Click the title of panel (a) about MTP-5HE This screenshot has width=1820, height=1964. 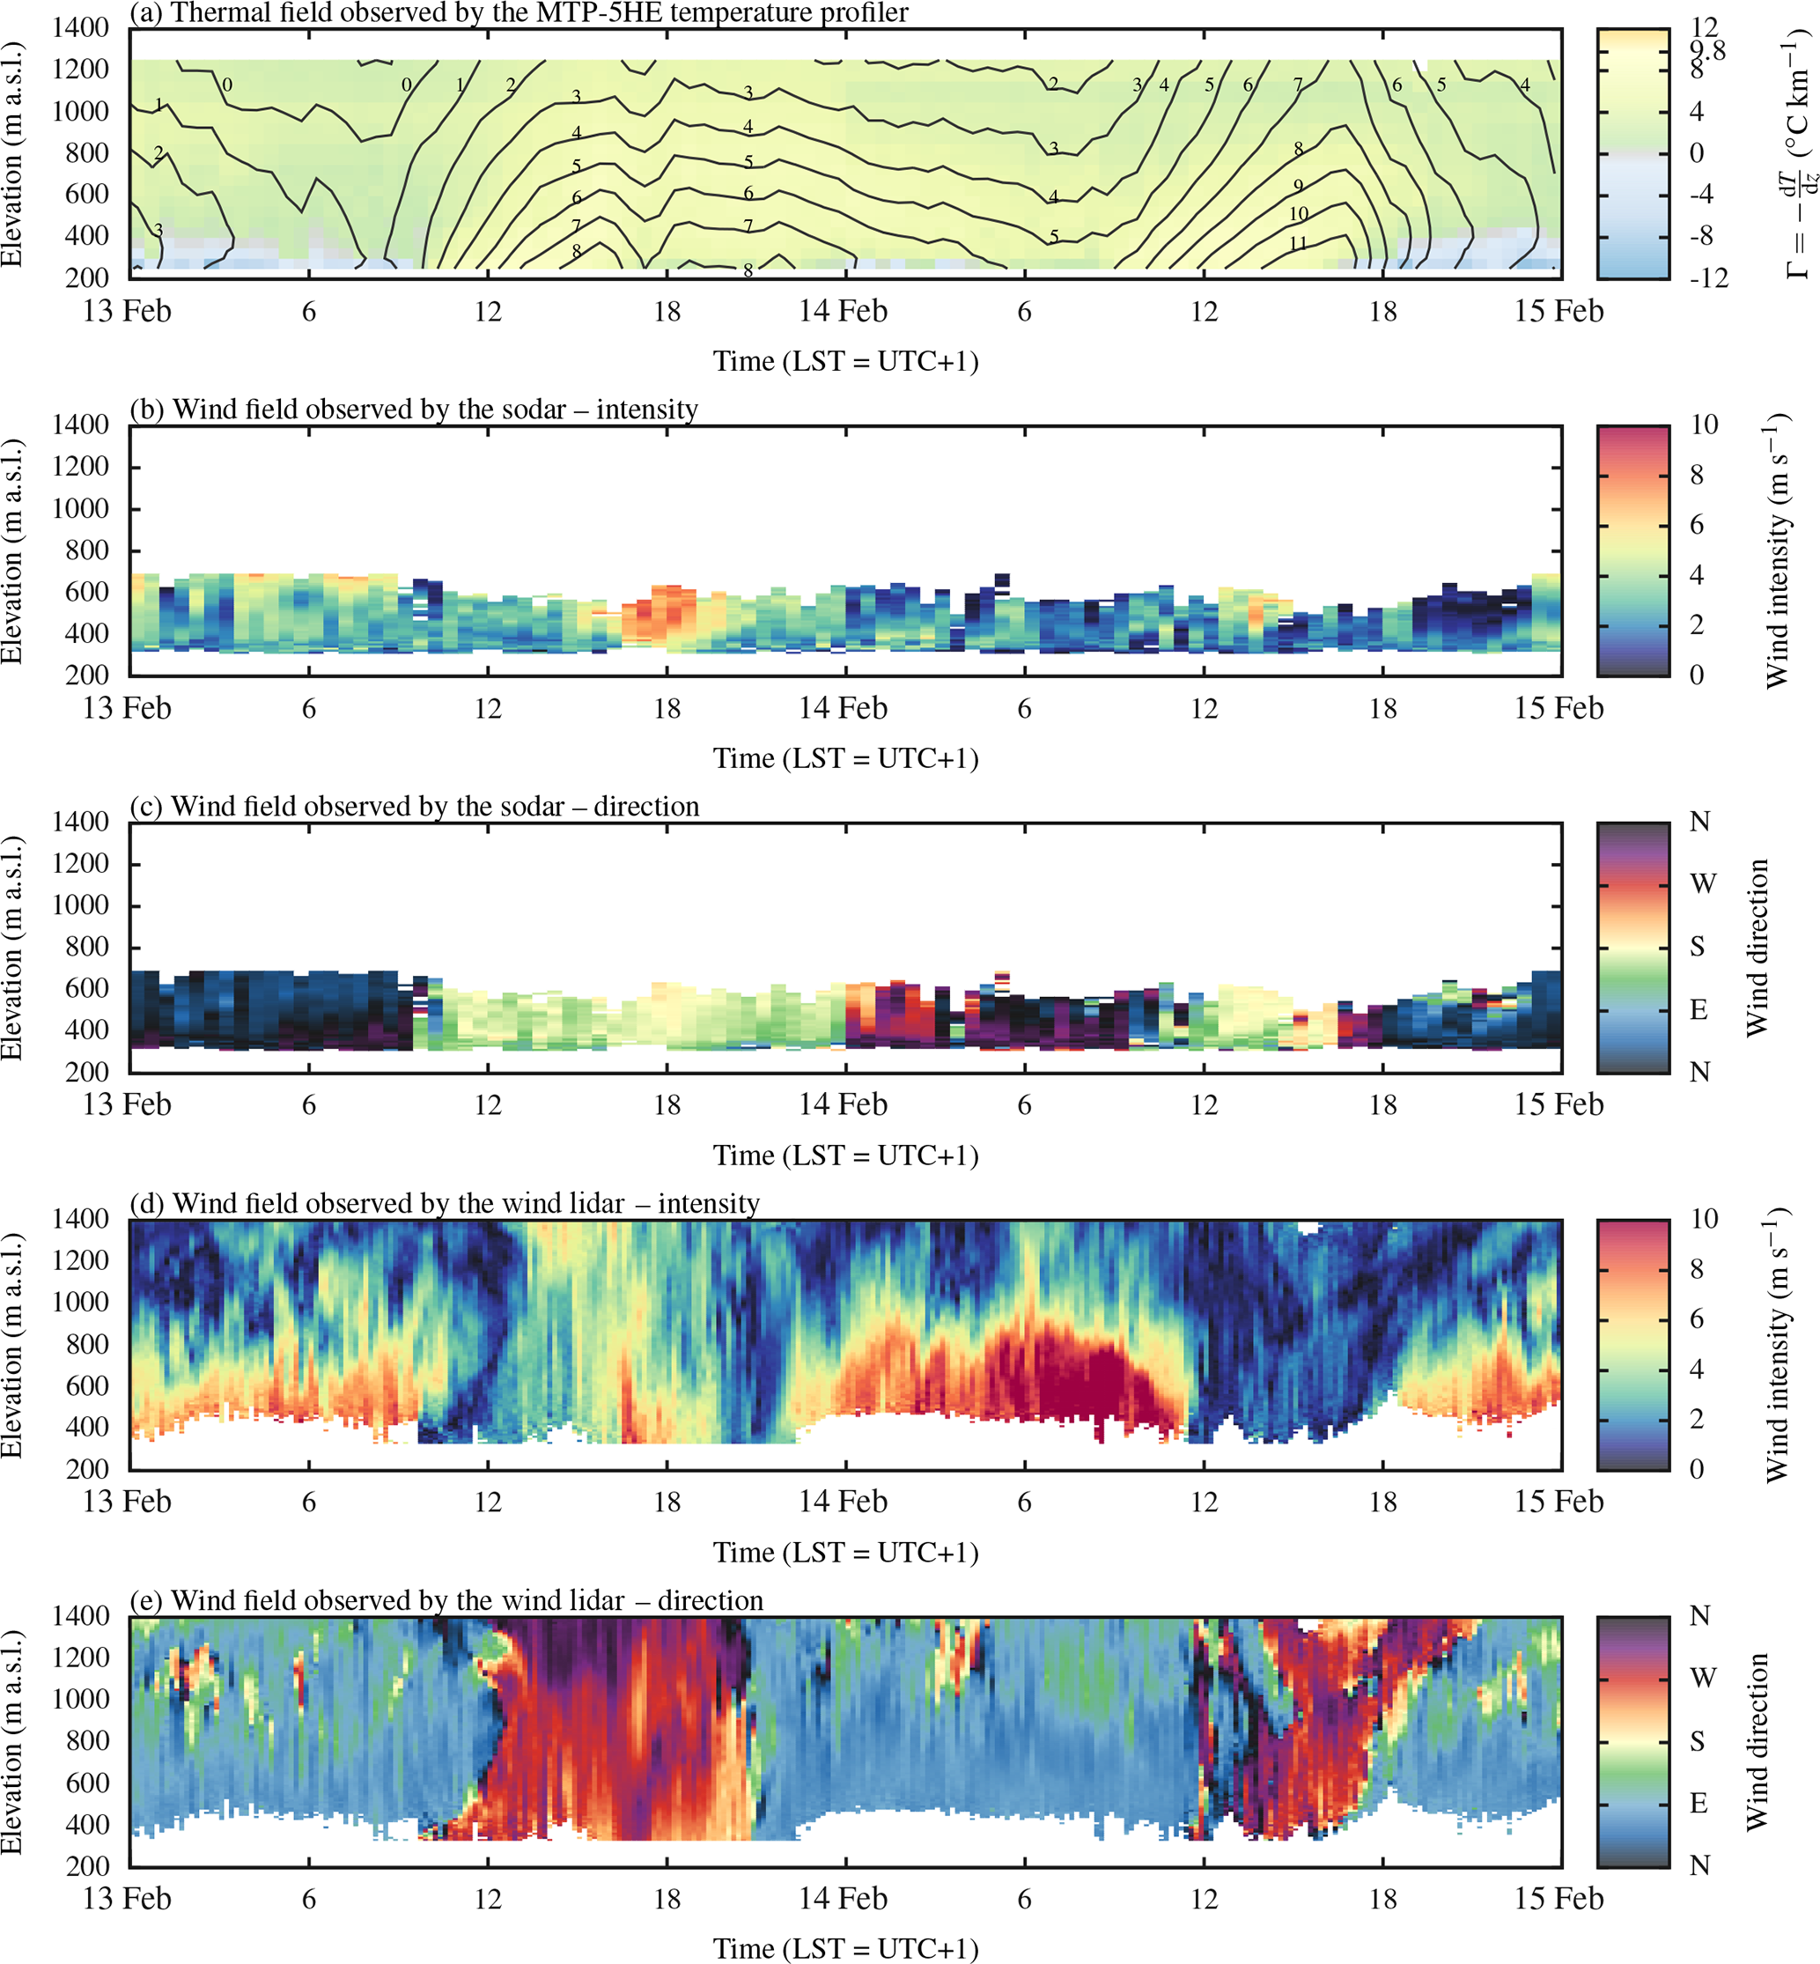click(x=519, y=13)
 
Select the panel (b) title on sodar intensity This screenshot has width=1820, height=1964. click(x=414, y=409)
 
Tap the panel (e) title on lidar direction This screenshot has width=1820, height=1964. click(x=446, y=1600)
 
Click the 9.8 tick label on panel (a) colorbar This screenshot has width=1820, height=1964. click(x=1707, y=50)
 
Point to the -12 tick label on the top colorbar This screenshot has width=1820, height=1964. click(x=1707, y=277)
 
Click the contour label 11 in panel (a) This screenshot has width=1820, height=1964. click(x=1298, y=243)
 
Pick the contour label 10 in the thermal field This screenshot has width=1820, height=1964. click(x=1298, y=214)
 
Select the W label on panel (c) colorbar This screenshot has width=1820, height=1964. click(x=1703, y=883)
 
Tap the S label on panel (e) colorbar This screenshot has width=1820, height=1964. click(x=1698, y=1741)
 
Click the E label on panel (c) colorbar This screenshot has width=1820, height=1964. click(x=1698, y=1009)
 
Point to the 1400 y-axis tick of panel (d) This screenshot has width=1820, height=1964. click(x=81, y=1220)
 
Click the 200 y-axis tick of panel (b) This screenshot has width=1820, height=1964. click(x=89, y=675)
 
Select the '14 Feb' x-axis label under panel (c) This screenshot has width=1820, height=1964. click(x=843, y=1105)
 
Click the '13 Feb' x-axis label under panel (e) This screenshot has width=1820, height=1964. click(x=127, y=1899)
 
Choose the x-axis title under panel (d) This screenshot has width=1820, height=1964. click(x=846, y=1554)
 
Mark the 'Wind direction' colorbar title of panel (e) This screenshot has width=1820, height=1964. click(x=1757, y=1741)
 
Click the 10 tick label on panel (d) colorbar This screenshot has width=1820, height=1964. click(x=1704, y=1220)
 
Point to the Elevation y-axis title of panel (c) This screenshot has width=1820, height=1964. click(x=11, y=948)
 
